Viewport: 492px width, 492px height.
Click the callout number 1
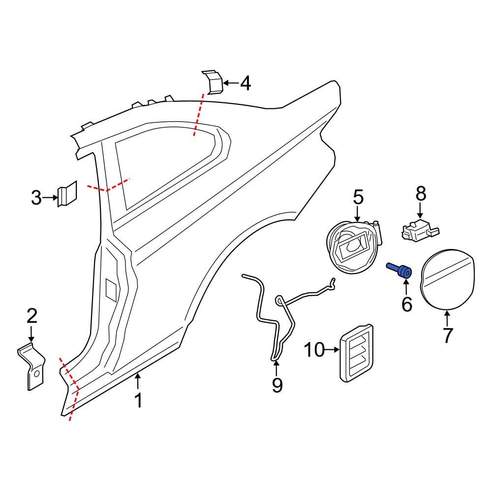(x=139, y=400)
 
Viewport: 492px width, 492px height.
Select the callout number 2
(x=31, y=316)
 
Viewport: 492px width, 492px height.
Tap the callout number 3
(x=36, y=198)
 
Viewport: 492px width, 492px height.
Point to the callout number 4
(x=245, y=83)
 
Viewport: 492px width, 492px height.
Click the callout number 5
(x=358, y=198)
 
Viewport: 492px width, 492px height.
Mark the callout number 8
(x=421, y=194)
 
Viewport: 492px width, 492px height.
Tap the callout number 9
(x=277, y=385)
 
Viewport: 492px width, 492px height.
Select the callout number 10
(x=314, y=350)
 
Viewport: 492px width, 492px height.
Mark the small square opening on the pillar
(x=112, y=289)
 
